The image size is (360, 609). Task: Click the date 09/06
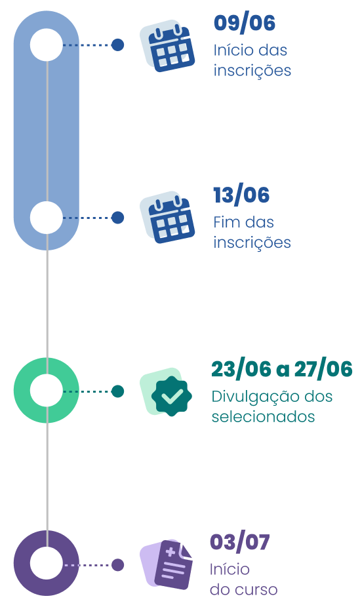[x=245, y=23]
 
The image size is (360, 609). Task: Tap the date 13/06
[x=241, y=195]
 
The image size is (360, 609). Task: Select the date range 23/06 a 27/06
[x=281, y=369]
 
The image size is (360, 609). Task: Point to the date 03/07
[x=239, y=542]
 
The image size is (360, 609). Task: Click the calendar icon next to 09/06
[x=167, y=46]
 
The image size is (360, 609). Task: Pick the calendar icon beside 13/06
[x=167, y=218]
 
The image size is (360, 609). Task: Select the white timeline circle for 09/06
[x=46, y=45]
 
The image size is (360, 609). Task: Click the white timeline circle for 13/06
[x=46, y=218]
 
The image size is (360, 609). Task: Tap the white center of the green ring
[x=46, y=390]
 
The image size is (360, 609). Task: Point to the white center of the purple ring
[x=46, y=563]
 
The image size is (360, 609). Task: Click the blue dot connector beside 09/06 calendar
[x=117, y=45]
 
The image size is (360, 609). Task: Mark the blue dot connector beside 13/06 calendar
[x=117, y=218]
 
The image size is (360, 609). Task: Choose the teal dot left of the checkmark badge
[x=117, y=391]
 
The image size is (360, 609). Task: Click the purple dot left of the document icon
[x=117, y=564]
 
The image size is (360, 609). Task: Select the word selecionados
[x=263, y=417]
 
